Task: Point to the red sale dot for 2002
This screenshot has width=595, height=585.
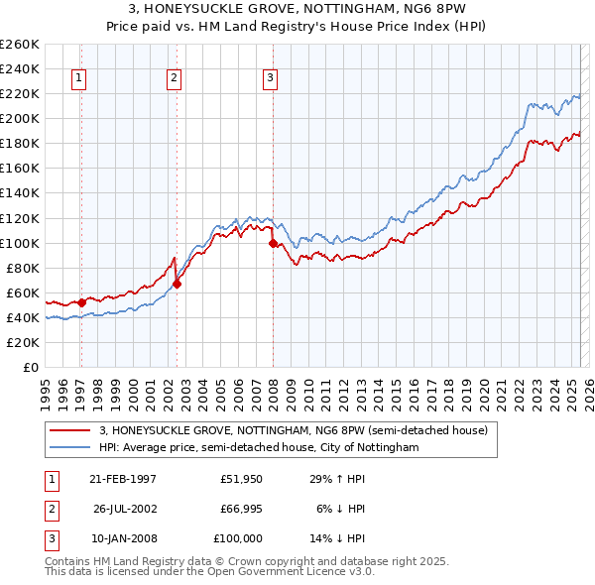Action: click(178, 284)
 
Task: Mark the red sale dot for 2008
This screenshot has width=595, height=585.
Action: click(273, 242)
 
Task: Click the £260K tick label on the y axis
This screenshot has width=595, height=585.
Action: click(20, 45)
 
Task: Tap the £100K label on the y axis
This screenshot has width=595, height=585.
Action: click(20, 243)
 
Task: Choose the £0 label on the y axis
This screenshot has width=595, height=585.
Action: click(29, 367)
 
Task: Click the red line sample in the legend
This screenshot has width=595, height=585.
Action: click(69, 431)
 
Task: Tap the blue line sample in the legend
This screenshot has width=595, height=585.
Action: click(69, 448)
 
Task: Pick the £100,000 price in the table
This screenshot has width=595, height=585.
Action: click(238, 538)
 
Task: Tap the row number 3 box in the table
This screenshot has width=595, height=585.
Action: click(49, 538)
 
